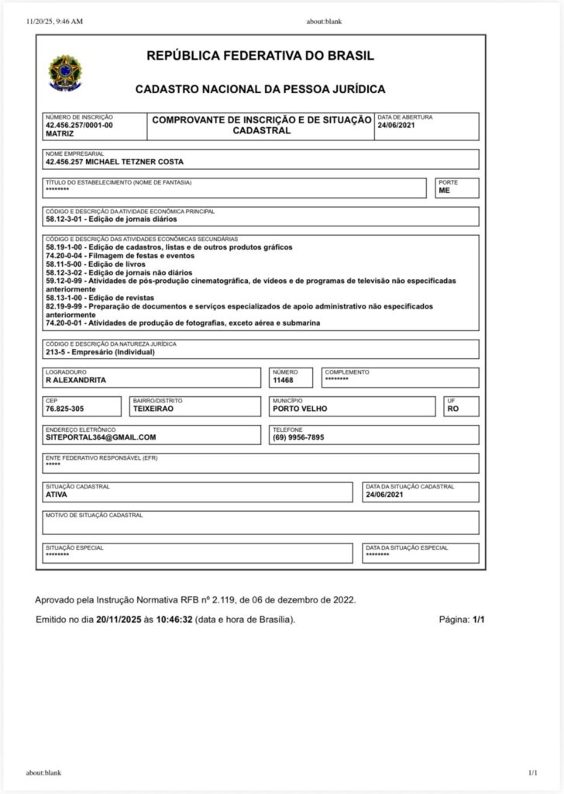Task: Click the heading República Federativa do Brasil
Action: point(260,56)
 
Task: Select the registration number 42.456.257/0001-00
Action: point(79,125)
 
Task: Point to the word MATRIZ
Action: point(60,133)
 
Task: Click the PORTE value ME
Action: point(444,190)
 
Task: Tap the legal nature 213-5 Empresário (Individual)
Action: point(101,352)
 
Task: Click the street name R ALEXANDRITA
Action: point(76,381)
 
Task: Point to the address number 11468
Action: point(284,381)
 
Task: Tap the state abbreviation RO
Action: point(453,409)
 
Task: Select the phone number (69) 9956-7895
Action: point(298,437)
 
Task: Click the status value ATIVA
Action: point(57,495)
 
